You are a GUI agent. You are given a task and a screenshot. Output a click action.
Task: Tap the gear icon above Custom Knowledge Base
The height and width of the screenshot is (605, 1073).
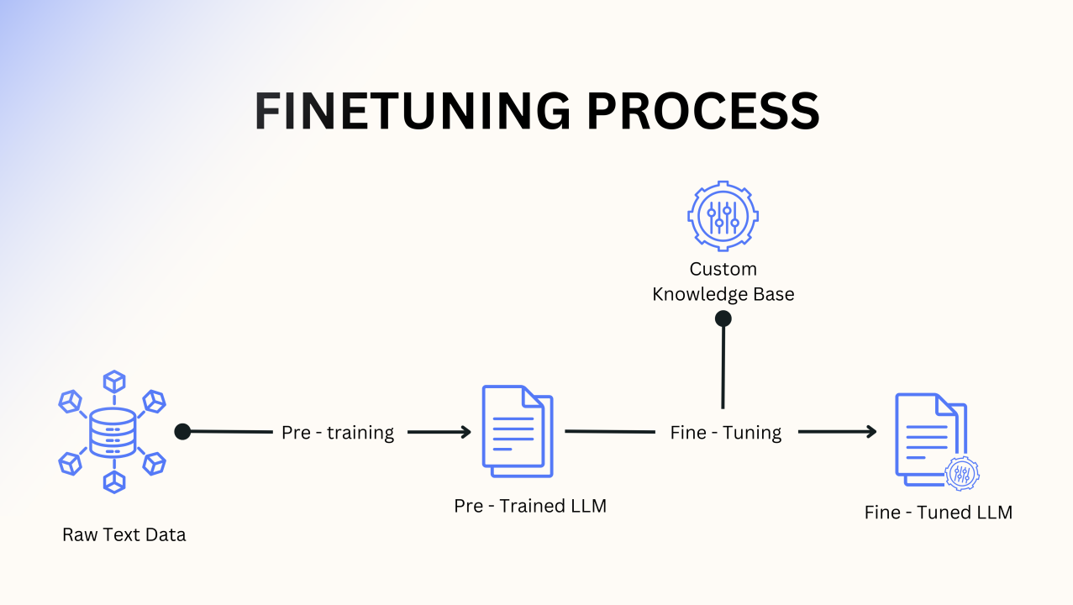(x=723, y=216)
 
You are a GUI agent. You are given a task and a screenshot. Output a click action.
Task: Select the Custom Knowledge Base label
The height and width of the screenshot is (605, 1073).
(x=723, y=281)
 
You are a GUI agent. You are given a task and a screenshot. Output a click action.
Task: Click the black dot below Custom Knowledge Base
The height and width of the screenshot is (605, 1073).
(x=723, y=318)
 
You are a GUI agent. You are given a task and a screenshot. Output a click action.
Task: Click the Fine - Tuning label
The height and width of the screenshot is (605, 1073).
(x=726, y=433)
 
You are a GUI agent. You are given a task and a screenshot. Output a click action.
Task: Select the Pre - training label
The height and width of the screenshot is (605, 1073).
(x=338, y=433)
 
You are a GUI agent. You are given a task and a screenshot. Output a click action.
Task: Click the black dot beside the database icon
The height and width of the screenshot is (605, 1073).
(x=183, y=431)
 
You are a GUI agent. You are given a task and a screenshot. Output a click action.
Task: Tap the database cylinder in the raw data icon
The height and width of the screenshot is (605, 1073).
(x=113, y=432)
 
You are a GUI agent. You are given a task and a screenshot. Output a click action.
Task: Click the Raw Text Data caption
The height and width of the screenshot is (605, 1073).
(x=124, y=535)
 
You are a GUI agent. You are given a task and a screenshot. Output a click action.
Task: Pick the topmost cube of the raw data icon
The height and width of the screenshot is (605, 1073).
(x=113, y=381)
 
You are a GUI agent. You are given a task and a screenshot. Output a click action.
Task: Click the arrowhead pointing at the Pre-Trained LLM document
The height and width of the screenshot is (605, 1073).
(x=465, y=432)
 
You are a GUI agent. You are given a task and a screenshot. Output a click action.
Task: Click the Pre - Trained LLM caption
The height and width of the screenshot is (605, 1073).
(x=530, y=506)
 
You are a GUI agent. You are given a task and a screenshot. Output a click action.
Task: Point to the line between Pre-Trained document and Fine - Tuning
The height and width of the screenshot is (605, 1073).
(x=609, y=431)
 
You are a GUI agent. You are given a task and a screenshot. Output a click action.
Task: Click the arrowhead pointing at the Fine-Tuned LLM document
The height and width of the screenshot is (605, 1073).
(x=870, y=432)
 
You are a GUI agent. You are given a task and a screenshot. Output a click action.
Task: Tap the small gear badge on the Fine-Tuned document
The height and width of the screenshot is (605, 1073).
(x=962, y=473)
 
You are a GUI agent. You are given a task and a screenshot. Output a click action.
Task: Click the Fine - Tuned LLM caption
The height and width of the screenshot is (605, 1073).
(x=939, y=513)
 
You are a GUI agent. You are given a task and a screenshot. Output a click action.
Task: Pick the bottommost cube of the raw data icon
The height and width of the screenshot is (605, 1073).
(x=113, y=481)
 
